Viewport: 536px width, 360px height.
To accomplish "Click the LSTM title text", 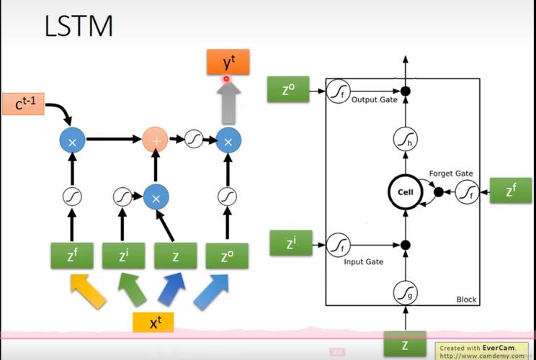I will [x=78, y=27].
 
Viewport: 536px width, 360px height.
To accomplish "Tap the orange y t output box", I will [x=228, y=63].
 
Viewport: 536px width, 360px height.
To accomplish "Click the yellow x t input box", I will [x=153, y=322].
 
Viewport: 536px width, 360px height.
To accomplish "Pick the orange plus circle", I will [x=155, y=140].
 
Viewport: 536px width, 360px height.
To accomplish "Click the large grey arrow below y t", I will [x=228, y=101].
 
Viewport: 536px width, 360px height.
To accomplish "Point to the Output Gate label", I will [x=374, y=100].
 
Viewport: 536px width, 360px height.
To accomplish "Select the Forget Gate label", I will [x=451, y=174].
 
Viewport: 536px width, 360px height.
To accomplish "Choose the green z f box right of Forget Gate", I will [x=510, y=190].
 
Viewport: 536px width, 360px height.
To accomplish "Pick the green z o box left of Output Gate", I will [x=288, y=89].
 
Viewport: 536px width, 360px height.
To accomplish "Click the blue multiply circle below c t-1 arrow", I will [x=71, y=141].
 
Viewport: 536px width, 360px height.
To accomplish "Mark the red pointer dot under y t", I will [x=226, y=78].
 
